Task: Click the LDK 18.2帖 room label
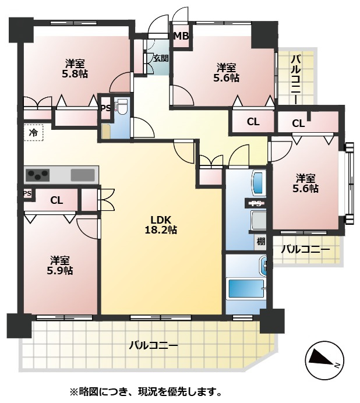[161, 224]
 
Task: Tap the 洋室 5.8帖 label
[75, 68]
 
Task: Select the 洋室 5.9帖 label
[60, 265]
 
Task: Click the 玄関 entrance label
[161, 58]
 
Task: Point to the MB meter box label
[182, 36]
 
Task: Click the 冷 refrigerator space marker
[33, 132]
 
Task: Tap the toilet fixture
[121, 108]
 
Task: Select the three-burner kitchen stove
[37, 174]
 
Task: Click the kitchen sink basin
[83, 175]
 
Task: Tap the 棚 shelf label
[260, 241]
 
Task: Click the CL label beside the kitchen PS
[57, 200]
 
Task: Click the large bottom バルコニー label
[153, 345]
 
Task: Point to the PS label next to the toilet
[105, 108]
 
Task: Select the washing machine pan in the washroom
[259, 221]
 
